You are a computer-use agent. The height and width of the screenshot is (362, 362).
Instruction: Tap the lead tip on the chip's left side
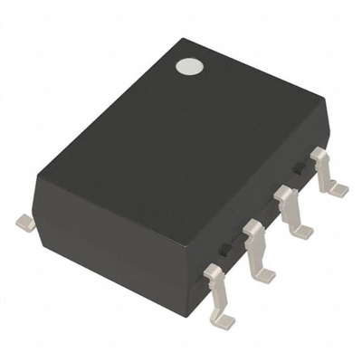click(x=25, y=221)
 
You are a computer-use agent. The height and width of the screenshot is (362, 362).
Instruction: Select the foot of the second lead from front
click(x=263, y=275)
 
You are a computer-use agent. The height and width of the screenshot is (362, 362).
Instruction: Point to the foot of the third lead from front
click(x=301, y=231)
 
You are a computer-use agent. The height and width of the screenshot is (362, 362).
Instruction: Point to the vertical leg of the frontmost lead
click(x=216, y=291)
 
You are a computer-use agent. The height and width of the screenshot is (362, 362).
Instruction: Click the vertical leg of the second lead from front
click(x=256, y=250)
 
